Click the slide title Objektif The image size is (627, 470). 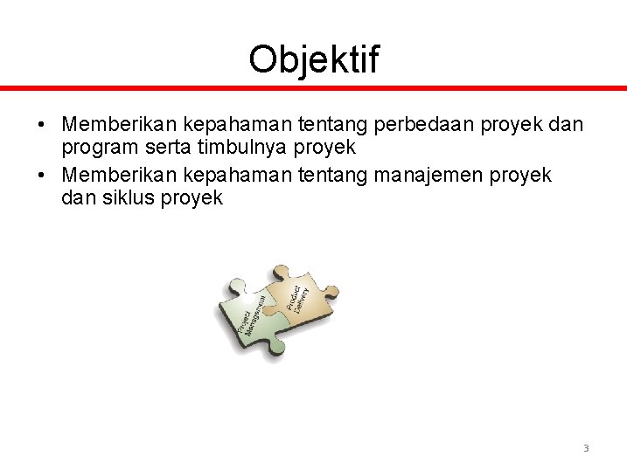(313, 59)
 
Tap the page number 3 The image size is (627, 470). (586, 448)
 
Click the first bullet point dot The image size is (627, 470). (42, 125)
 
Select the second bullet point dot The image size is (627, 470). (42, 175)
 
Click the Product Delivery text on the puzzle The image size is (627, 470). (297, 298)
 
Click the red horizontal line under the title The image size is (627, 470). (313, 87)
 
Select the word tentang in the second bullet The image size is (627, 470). (334, 175)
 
